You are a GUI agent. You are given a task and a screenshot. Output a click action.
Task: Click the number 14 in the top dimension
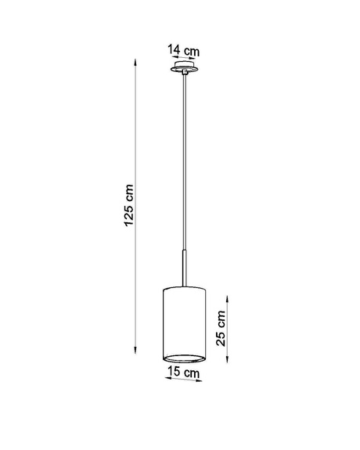tap(172, 52)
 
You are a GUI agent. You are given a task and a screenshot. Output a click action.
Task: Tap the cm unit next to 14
tap(191, 52)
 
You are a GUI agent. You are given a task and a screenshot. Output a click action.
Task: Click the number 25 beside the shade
tap(221, 339)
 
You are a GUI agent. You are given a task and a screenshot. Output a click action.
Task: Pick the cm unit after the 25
tap(221, 319)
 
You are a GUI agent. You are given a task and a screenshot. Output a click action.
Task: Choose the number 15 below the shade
tap(173, 373)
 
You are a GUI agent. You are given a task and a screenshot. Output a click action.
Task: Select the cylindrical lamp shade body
tap(183, 321)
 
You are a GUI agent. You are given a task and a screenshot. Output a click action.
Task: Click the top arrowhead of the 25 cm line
tap(228, 297)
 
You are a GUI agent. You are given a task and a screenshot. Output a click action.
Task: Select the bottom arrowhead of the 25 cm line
tap(228, 360)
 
